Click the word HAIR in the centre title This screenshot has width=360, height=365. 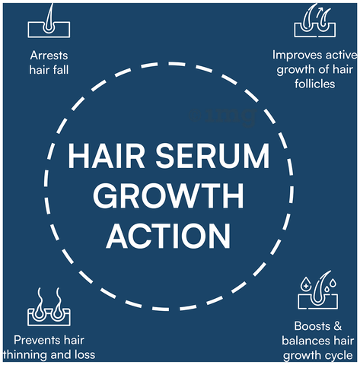coord(106,156)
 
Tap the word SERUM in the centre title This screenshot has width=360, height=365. coord(212,156)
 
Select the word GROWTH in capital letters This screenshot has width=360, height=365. coord(168,195)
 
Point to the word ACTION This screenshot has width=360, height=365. coord(168,236)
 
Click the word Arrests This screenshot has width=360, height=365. coord(49,56)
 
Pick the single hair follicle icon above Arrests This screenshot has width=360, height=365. coord(49,21)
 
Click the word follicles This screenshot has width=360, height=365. coord(314,84)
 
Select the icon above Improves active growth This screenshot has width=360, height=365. coord(315,21)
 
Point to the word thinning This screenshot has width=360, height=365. coord(22,355)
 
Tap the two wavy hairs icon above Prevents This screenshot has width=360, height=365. coord(49,306)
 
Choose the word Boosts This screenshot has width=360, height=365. coord(312,326)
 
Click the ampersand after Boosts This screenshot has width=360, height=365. coord(337,326)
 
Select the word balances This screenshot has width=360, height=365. coord(305,341)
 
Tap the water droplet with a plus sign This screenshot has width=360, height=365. coord(306,284)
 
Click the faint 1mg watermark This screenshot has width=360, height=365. coord(223,116)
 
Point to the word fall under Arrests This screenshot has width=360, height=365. coord(61,69)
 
